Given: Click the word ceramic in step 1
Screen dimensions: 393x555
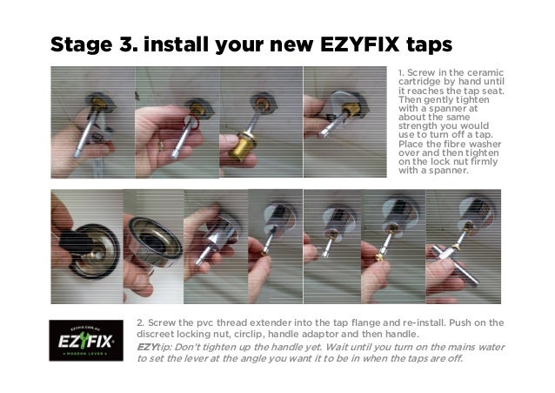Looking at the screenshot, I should pyautogui.click(x=483, y=72).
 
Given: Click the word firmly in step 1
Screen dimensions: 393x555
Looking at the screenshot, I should pyautogui.click(x=485, y=159).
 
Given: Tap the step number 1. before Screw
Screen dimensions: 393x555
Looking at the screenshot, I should pyautogui.click(x=402, y=72).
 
